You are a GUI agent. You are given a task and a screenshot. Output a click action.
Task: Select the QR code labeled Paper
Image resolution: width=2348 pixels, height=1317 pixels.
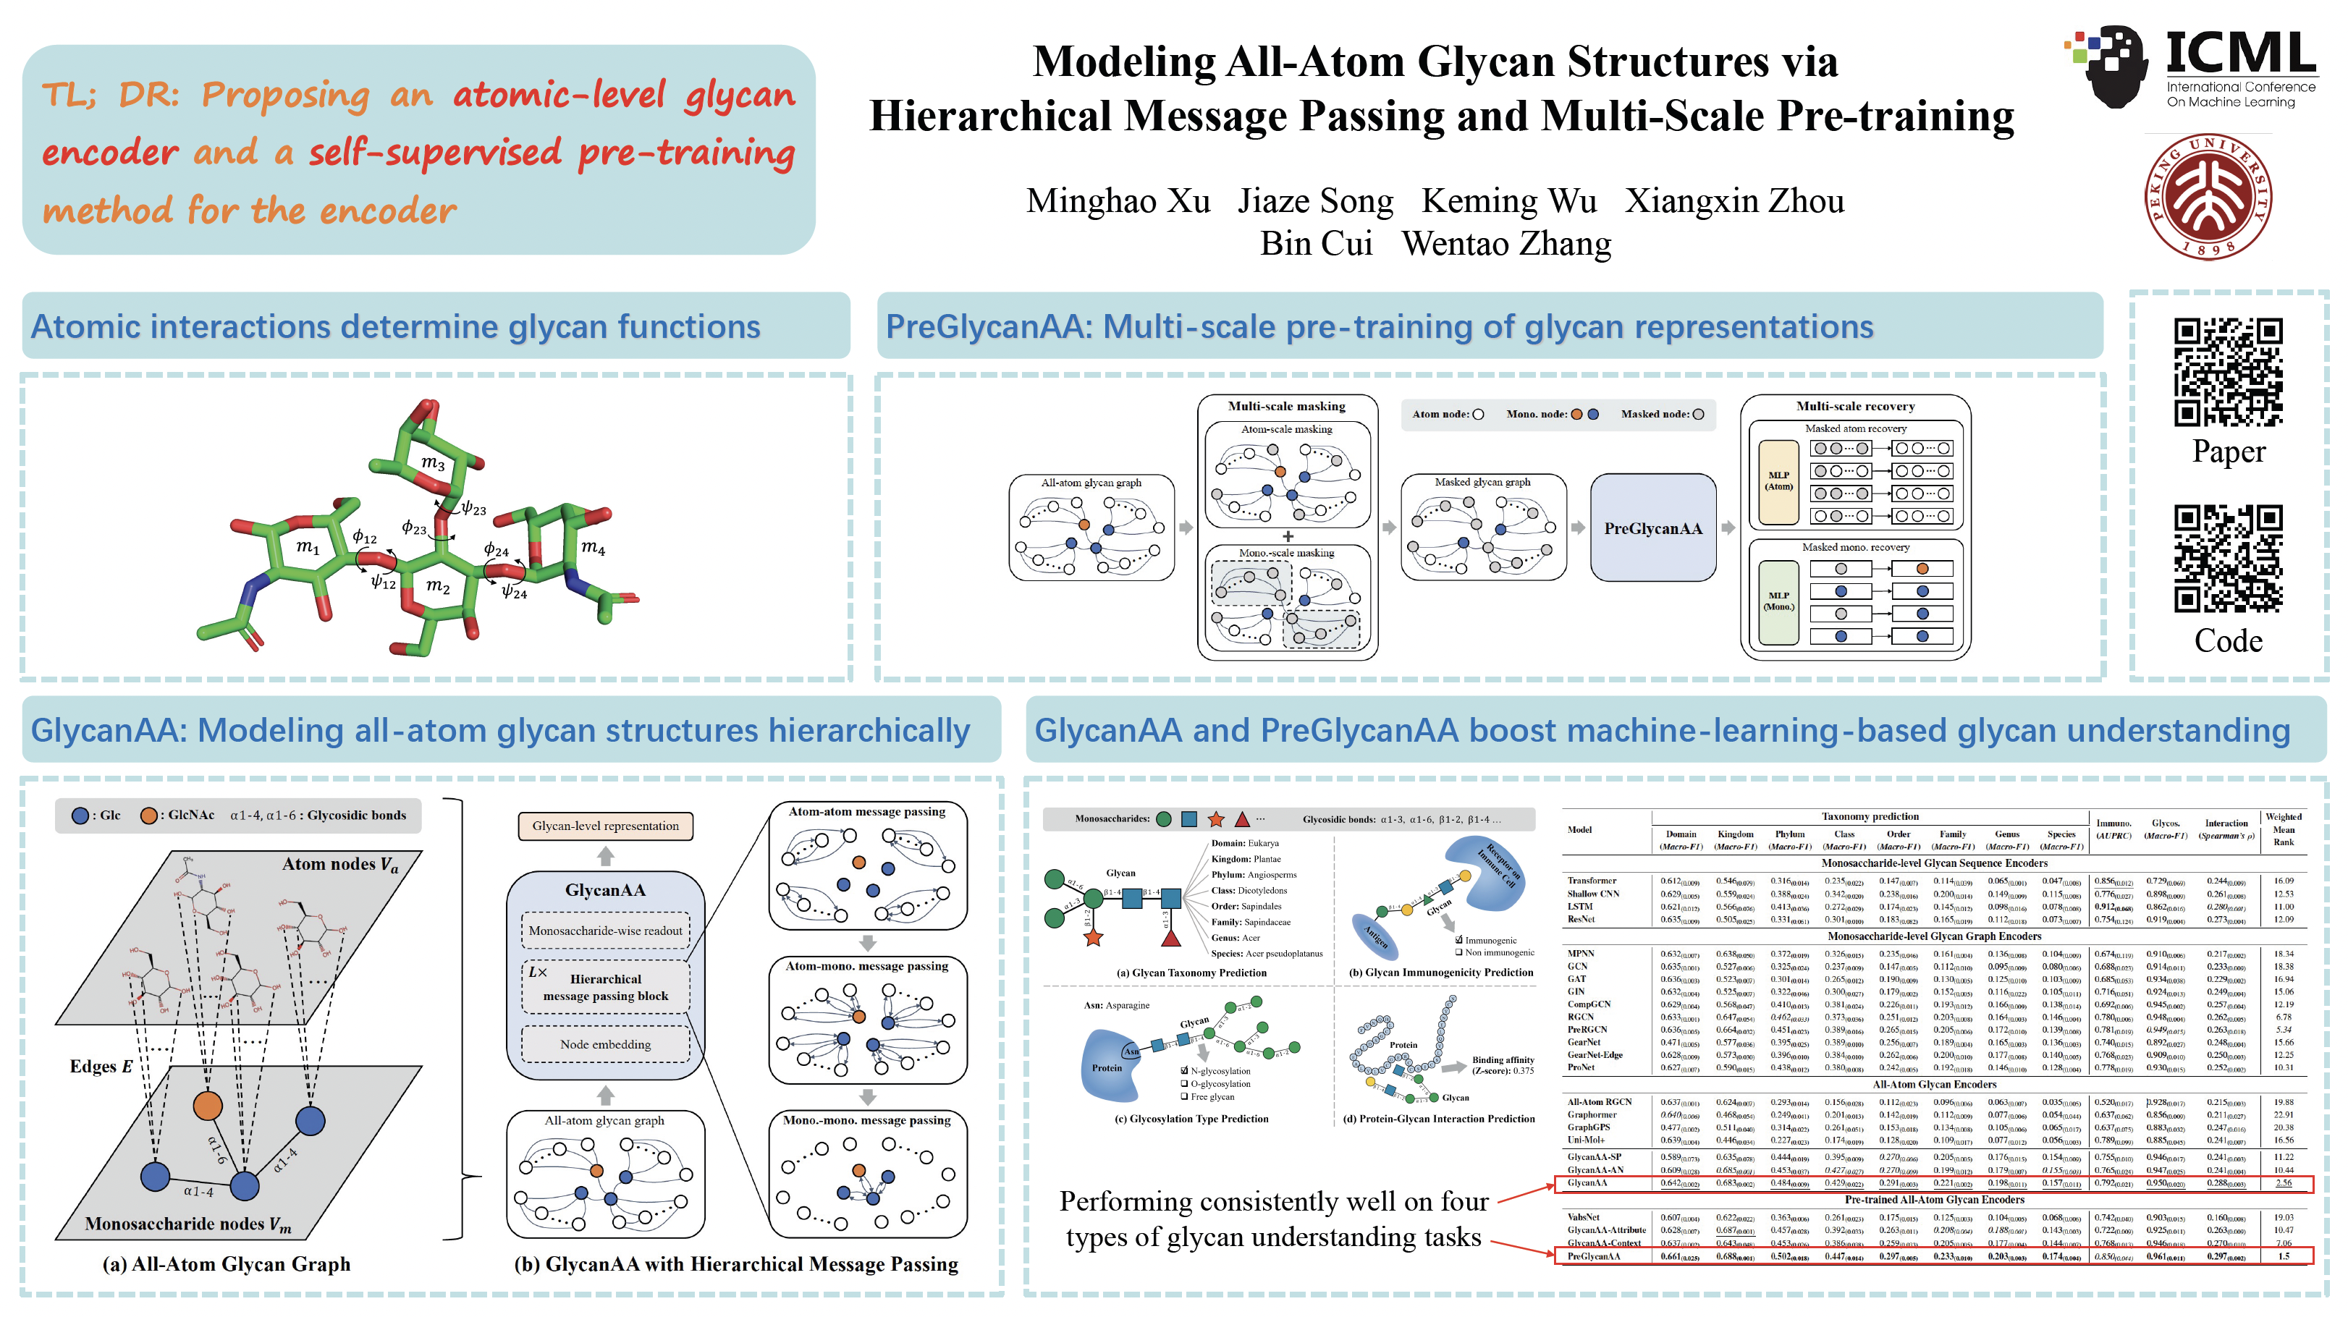[2228, 372]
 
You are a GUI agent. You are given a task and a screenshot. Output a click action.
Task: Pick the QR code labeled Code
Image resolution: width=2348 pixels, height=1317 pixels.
[2228, 558]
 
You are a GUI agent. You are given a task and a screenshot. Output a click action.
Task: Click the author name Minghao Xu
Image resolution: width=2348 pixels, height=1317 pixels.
[1118, 200]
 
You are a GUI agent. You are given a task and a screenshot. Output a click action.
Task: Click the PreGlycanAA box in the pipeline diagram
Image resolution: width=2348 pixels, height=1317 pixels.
[1652, 528]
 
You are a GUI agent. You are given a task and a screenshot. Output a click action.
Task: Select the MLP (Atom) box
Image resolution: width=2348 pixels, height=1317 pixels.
[1778, 481]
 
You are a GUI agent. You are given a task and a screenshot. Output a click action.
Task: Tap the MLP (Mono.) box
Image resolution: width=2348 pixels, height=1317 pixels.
[1778, 601]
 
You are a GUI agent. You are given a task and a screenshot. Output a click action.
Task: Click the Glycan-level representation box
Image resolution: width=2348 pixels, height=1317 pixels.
[605, 826]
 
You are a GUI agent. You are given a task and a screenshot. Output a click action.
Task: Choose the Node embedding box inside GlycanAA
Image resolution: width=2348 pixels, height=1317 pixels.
[605, 1044]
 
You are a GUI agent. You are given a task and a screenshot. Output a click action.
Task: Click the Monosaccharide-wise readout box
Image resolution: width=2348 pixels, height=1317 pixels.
[605, 931]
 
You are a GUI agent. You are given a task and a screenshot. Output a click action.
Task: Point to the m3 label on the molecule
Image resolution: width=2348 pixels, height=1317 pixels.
[433, 463]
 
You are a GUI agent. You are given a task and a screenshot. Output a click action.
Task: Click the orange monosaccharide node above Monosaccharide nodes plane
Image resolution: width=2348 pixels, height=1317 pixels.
[208, 1106]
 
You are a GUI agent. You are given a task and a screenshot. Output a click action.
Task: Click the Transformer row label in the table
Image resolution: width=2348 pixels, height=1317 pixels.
[1592, 881]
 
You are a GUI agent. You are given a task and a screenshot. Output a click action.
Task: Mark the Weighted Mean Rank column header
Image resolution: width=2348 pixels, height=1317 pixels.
[2284, 829]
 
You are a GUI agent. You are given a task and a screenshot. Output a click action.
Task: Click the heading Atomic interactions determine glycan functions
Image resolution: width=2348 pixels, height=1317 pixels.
[396, 326]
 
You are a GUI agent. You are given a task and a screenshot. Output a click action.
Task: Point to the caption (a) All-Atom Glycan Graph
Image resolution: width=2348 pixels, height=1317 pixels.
[226, 1264]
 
